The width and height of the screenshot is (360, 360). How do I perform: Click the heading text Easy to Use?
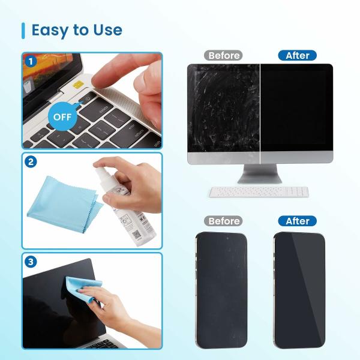click(x=76, y=30)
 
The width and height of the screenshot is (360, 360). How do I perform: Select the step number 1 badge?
click(x=31, y=61)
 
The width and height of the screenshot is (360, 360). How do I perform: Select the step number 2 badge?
click(x=31, y=161)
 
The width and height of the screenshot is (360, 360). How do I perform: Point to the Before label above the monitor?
click(x=223, y=55)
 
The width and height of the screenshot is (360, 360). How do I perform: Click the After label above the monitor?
click(x=297, y=55)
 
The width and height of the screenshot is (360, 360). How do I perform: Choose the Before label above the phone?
click(x=223, y=221)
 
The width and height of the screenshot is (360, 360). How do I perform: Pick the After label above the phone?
click(x=297, y=221)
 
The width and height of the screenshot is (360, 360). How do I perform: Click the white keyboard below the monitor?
click(x=259, y=191)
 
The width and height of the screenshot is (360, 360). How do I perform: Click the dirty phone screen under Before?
click(x=221, y=288)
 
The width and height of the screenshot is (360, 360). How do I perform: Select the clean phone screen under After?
click(x=299, y=288)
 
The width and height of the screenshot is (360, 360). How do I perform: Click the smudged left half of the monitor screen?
click(x=223, y=108)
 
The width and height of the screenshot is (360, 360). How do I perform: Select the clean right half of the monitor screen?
click(x=295, y=108)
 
